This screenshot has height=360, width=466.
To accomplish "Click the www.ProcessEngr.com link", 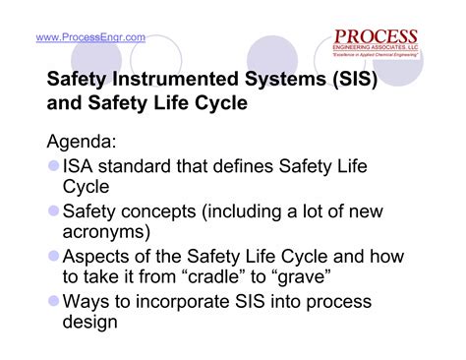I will [90, 37].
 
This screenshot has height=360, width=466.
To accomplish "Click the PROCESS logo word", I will [377, 38].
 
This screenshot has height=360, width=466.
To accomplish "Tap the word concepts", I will [157, 210].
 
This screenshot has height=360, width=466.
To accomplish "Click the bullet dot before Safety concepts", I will [53, 210].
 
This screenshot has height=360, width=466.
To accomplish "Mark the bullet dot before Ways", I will [53, 300].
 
